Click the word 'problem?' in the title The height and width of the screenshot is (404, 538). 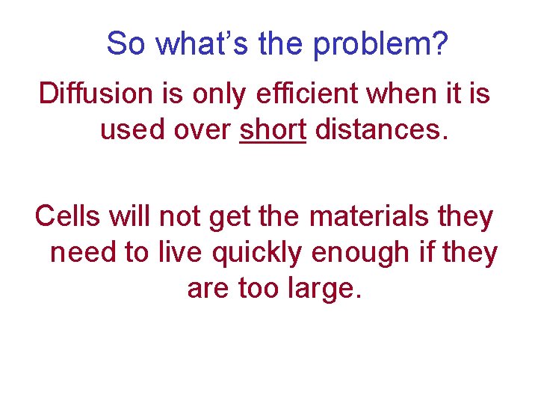click(381, 45)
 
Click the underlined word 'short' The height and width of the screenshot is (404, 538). click(273, 129)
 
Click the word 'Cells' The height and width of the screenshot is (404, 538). click(69, 216)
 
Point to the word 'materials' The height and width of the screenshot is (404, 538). click(372, 216)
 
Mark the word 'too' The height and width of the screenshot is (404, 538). click(259, 288)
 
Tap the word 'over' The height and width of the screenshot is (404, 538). click(200, 129)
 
